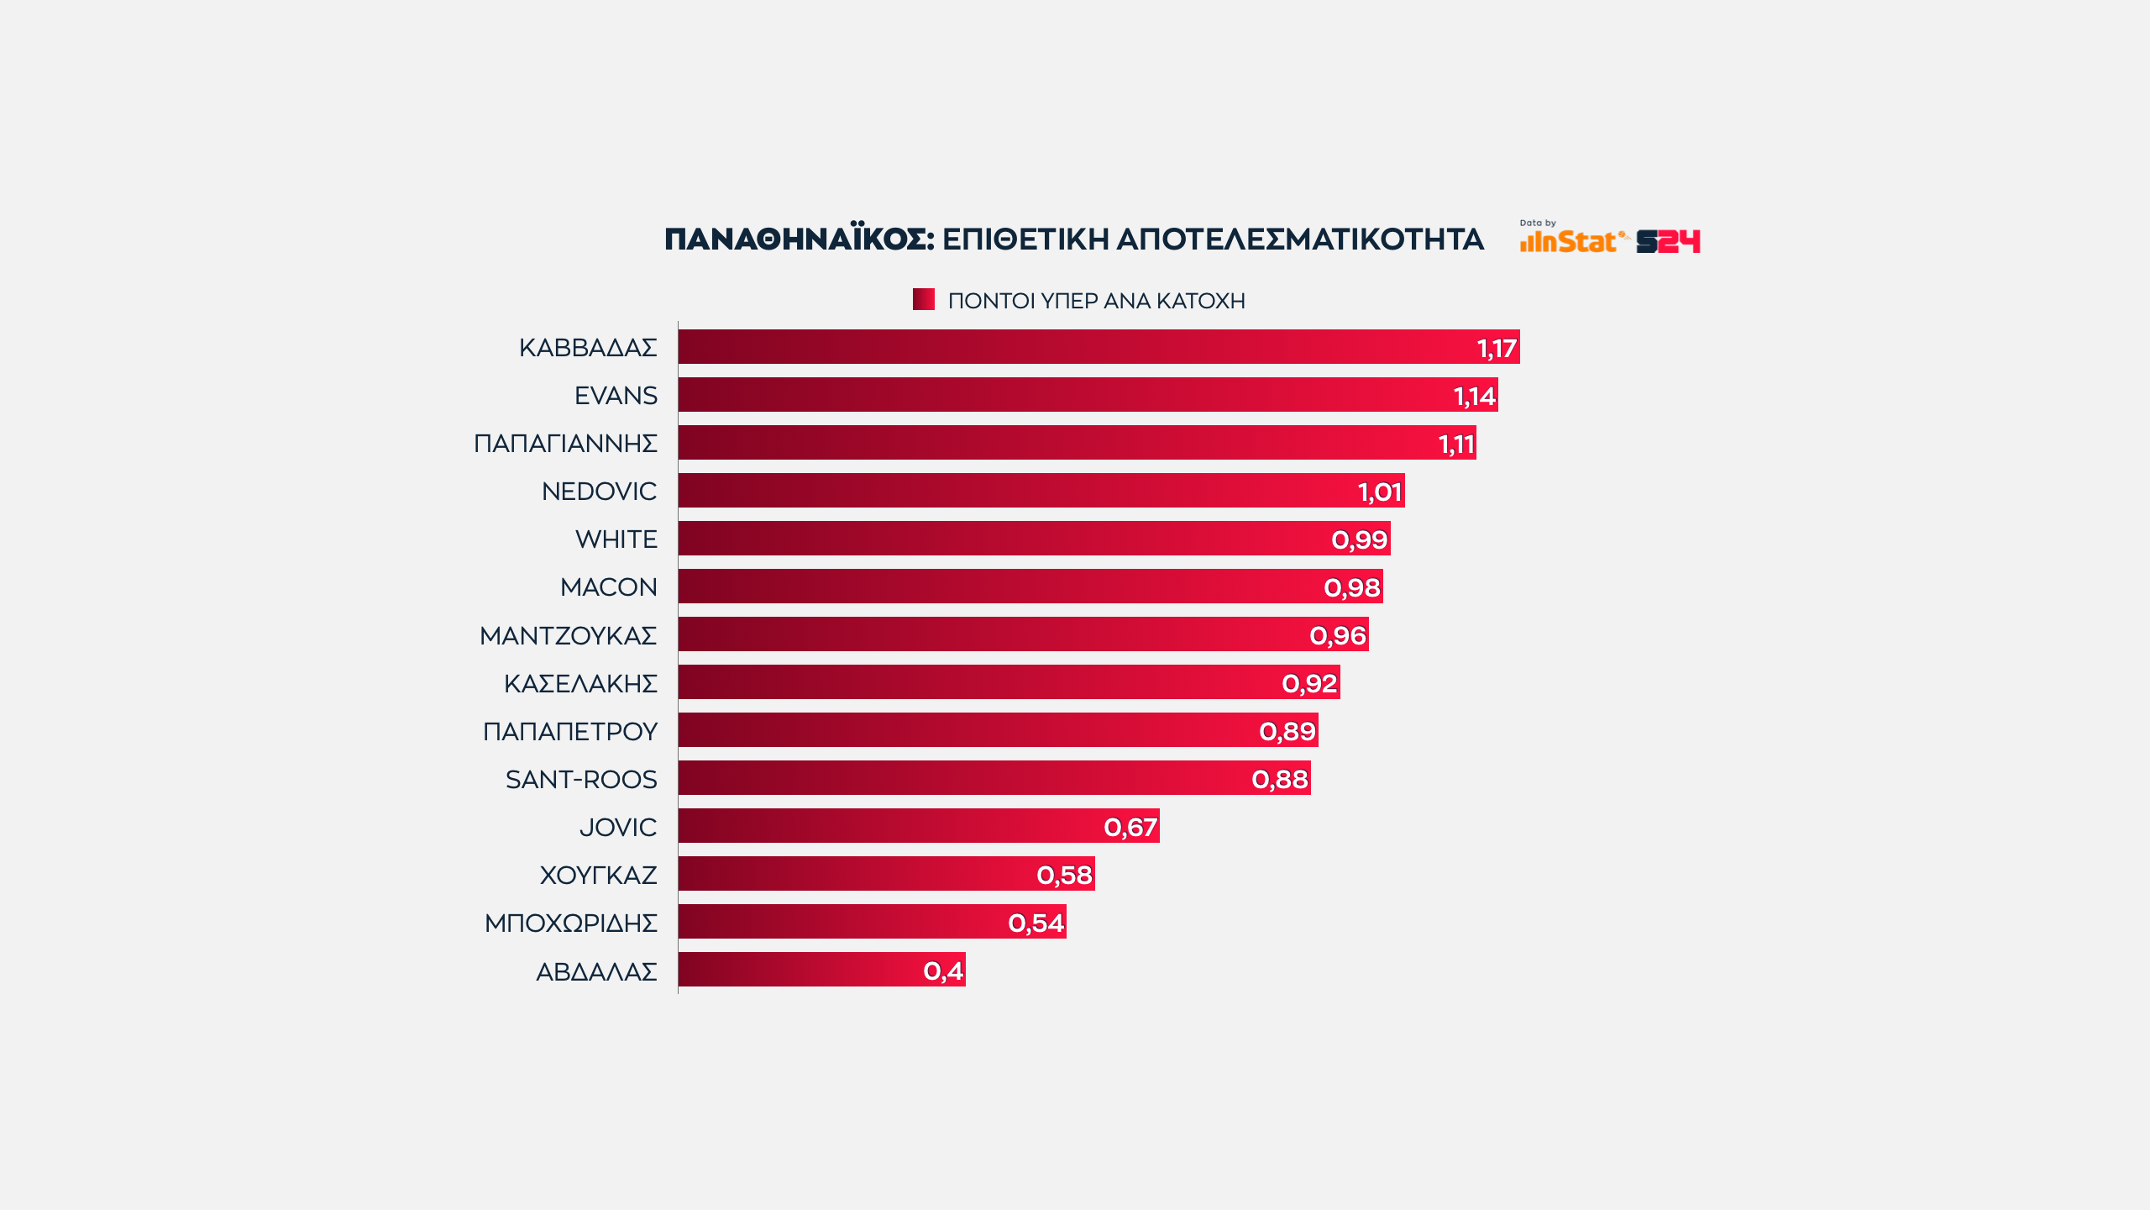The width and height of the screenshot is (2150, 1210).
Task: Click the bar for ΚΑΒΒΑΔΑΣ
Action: click(1092, 347)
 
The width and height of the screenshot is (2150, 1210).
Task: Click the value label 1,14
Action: click(1474, 396)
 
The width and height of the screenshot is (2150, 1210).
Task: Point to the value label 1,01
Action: click(1379, 492)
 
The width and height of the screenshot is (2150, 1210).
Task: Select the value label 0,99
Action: click(1359, 539)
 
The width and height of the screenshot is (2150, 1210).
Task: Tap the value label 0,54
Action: click(1036, 923)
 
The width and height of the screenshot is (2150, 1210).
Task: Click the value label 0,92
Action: click(1309, 683)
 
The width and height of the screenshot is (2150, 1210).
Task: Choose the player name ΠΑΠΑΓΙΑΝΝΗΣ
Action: click(565, 443)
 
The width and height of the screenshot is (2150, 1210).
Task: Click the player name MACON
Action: click(608, 587)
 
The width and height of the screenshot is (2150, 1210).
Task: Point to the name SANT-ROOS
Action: click(581, 779)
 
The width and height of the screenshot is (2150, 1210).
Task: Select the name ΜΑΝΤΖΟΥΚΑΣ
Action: click(568, 635)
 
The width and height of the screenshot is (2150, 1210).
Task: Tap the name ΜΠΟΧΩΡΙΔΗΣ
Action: click(570, 923)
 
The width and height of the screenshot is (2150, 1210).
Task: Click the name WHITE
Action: click(616, 539)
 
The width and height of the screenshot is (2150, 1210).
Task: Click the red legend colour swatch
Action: click(923, 299)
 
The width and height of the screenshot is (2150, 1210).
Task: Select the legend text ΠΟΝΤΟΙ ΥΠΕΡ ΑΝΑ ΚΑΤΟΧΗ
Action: click(1096, 301)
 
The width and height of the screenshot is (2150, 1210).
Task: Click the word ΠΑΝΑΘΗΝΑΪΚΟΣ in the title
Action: click(799, 239)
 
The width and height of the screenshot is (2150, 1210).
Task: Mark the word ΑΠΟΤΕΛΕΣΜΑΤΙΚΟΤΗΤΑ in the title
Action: click(1300, 239)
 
